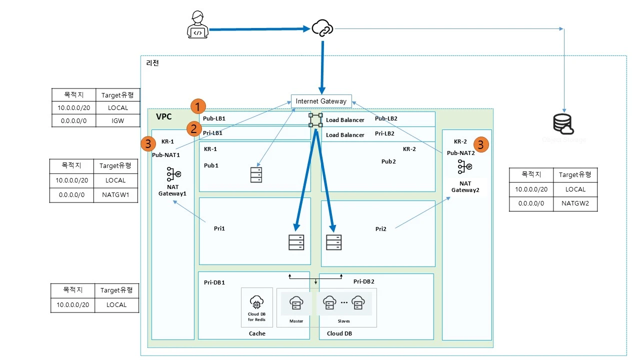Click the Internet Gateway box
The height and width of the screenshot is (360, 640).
click(x=321, y=101)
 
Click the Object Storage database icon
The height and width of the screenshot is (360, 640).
click(x=564, y=124)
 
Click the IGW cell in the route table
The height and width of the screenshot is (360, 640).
click(x=118, y=120)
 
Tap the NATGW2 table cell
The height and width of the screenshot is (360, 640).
click(x=575, y=204)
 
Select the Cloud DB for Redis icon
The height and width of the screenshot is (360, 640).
click(x=256, y=302)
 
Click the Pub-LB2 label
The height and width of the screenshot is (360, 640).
click(x=386, y=119)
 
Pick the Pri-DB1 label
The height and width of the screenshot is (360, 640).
click(x=214, y=282)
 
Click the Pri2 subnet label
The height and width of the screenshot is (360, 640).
click(x=381, y=229)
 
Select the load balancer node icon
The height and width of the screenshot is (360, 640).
click(x=315, y=120)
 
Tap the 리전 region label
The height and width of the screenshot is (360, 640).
click(x=152, y=63)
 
